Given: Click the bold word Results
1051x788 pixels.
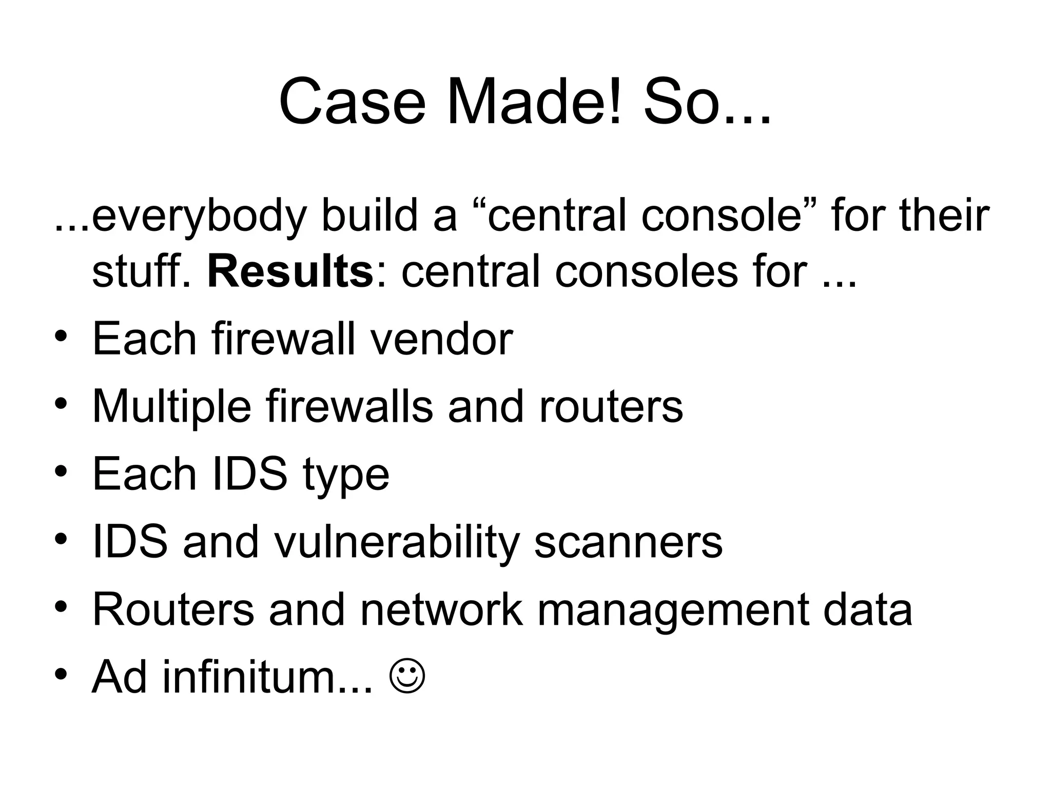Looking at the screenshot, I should tap(290, 271).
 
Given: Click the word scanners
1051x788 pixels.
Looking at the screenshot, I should tap(628, 543).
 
